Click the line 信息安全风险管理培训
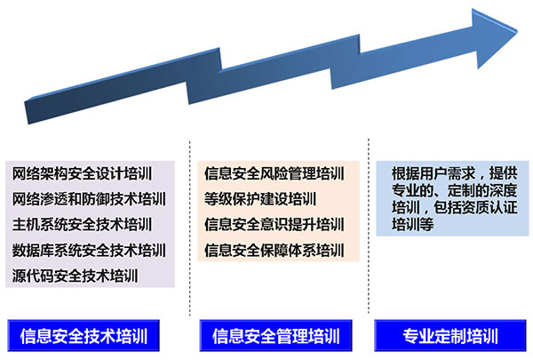click(274, 172)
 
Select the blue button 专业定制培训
click(451, 336)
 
